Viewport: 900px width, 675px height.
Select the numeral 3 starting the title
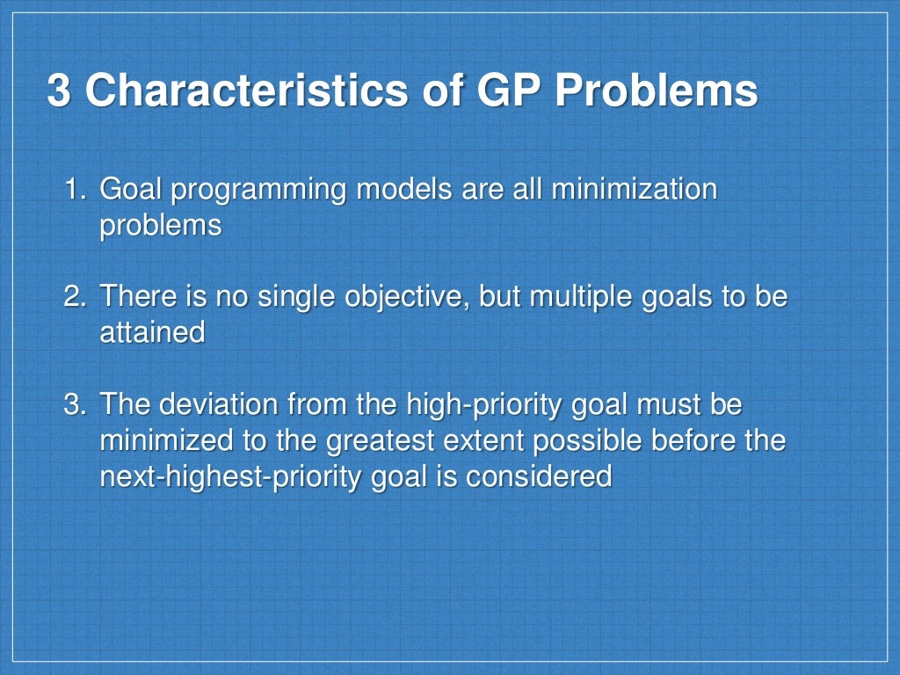point(58,92)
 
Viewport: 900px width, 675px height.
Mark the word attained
point(152,332)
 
